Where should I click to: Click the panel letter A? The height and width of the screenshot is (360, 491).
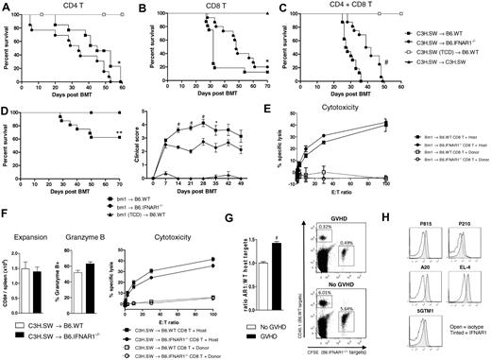pyautogui.click(x=7, y=6)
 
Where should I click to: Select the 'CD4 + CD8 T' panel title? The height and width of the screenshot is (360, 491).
pyautogui.click(x=300, y=7)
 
